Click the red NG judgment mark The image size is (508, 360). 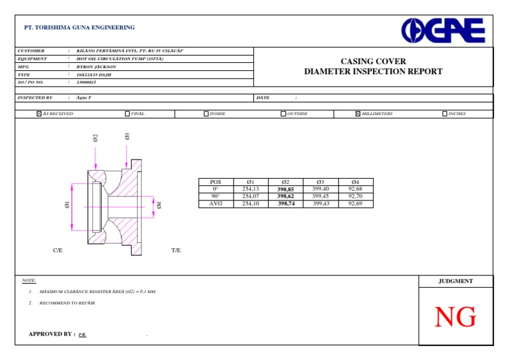455,318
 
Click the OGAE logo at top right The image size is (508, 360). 443,31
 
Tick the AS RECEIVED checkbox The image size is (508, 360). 39,114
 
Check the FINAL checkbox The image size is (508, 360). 127,114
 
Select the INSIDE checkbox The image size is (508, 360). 206,114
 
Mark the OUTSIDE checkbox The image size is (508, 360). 283,114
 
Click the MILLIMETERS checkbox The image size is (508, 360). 358,114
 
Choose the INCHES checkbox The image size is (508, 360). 444,114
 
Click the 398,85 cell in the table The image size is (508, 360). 286,189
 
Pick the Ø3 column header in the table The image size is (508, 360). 320,182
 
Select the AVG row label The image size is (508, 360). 215,204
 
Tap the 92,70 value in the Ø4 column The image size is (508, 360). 355,197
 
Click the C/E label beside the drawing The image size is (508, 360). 58,251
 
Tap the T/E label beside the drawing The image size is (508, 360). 176,251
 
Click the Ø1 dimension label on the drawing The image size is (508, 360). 67,205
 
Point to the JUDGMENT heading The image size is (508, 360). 456,281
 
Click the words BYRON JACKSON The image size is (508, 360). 97,67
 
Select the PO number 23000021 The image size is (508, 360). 87,82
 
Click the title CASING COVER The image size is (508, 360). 373,62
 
